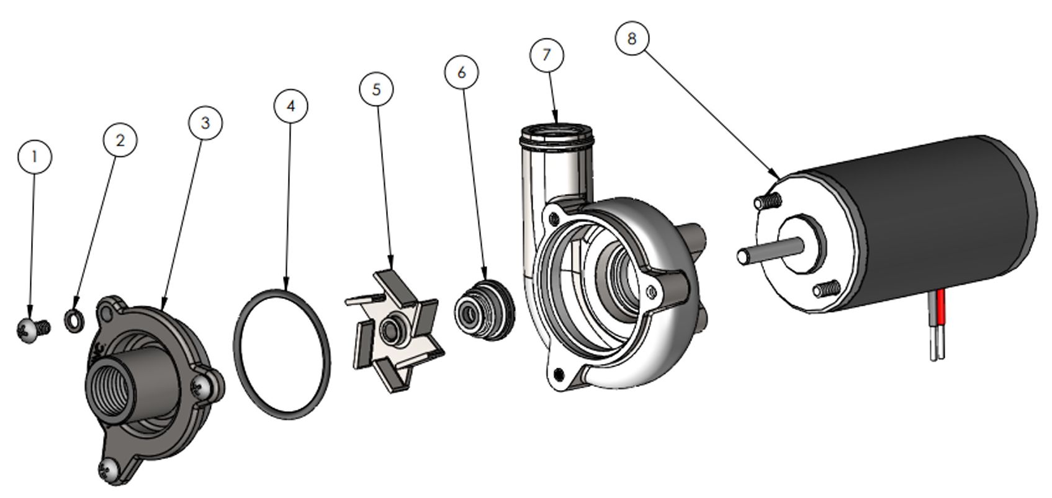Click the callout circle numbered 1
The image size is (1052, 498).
(x=34, y=156)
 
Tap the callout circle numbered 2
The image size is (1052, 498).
(x=120, y=140)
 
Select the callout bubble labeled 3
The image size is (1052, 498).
(x=205, y=123)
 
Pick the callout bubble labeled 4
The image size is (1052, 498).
(x=290, y=106)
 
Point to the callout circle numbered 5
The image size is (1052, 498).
(x=376, y=89)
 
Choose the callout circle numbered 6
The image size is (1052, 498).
(x=462, y=73)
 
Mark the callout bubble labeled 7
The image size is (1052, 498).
(x=547, y=55)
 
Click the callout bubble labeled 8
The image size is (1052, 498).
(x=632, y=38)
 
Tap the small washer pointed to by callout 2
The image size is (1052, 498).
(x=74, y=321)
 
